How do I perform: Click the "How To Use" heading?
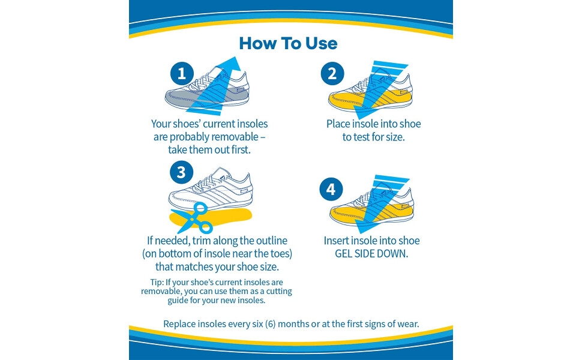288,43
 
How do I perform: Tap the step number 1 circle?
182,74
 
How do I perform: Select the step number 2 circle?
332,74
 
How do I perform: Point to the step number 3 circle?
182,173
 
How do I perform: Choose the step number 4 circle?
331,190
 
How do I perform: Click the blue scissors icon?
196,218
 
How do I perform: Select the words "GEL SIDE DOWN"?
372,254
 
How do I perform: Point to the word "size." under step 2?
392,137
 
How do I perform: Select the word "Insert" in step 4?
337,241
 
